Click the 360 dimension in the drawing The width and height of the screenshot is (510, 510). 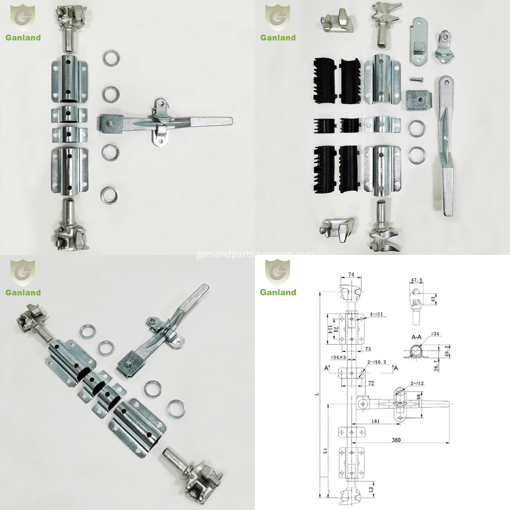[396, 440]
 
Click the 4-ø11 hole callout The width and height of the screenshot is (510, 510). [376, 314]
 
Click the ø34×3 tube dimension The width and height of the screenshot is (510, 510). [338, 357]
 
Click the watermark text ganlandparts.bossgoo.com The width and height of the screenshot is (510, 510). [255, 254]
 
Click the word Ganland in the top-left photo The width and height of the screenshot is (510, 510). [23, 38]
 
